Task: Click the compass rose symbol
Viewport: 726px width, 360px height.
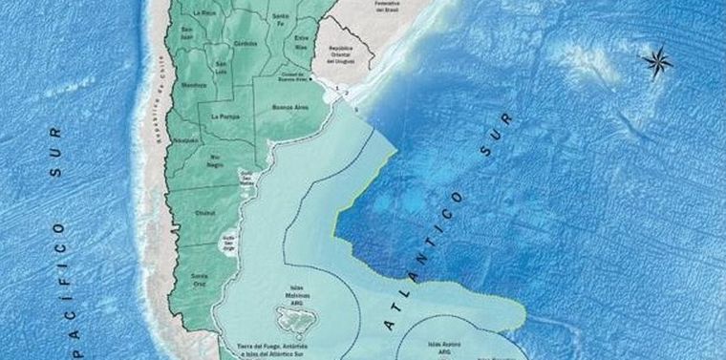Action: click(657, 62)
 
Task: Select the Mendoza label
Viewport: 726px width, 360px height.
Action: click(195, 84)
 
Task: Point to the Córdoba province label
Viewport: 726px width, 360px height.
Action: click(246, 43)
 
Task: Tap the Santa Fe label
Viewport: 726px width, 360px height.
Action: click(280, 21)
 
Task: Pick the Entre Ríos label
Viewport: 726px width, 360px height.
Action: click(302, 43)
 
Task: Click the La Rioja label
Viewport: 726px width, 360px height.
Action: click(204, 14)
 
